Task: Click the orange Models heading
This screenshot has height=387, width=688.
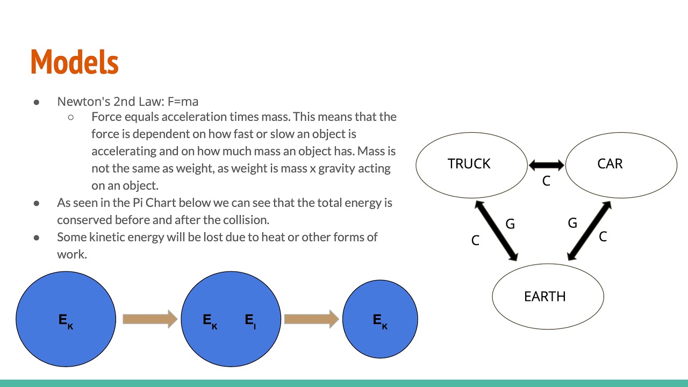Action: tap(74, 62)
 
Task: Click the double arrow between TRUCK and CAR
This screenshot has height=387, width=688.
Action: tap(546, 165)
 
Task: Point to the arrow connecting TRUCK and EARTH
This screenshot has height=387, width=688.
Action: tap(496, 230)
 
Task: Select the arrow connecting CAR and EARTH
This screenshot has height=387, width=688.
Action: tap(589, 231)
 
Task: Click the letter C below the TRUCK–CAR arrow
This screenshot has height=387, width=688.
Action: tap(546, 182)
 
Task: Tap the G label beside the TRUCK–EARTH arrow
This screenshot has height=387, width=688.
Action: tap(510, 224)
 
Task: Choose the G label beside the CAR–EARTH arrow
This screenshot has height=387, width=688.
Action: tap(572, 223)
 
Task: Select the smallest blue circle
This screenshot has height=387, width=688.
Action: tap(380, 319)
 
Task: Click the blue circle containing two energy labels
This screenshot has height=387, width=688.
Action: tap(231, 319)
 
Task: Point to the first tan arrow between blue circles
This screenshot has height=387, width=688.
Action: tap(150, 319)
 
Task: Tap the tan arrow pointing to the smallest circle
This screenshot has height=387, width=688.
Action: tap(311, 319)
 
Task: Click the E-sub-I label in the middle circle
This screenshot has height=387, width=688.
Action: tap(250, 321)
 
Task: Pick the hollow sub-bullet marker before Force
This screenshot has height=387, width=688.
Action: tap(71, 117)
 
